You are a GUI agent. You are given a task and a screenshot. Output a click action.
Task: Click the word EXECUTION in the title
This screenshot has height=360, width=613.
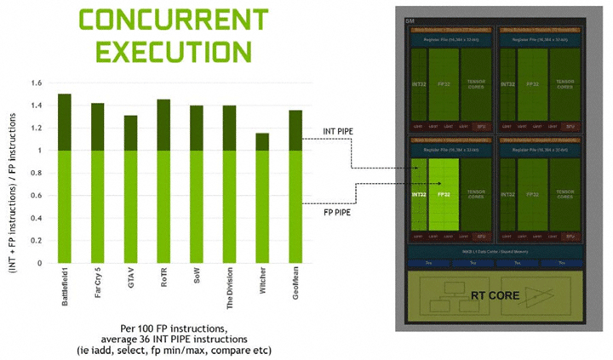(x=161, y=52)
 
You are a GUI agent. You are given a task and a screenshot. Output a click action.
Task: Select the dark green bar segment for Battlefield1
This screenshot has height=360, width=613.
(x=64, y=122)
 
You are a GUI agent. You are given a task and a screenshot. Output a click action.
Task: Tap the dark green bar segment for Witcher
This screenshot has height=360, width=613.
(x=262, y=141)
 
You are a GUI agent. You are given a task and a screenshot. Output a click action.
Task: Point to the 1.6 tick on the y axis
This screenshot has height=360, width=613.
(x=35, y=83)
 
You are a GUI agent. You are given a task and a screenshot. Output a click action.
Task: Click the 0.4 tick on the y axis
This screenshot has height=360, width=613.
(x=35, y=219)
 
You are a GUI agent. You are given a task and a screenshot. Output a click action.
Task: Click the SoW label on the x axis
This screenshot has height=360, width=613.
(x=197, y=279)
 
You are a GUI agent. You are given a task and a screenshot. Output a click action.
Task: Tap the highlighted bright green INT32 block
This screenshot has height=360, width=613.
(x=420, y=193)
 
